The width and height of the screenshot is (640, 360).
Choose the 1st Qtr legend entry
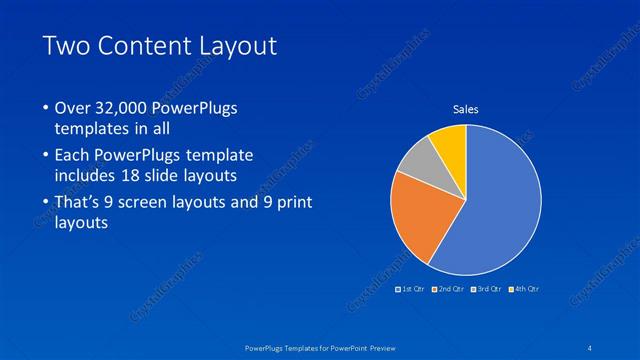click(x=411, y=289)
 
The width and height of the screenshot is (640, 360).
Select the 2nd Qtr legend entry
click(x=449, y=289)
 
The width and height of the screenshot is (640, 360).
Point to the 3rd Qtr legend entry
click(x=487, y=289)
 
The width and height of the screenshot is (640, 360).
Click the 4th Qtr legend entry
click(x=525, y=289)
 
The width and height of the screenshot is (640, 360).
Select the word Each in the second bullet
click(x=72, y=155)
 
